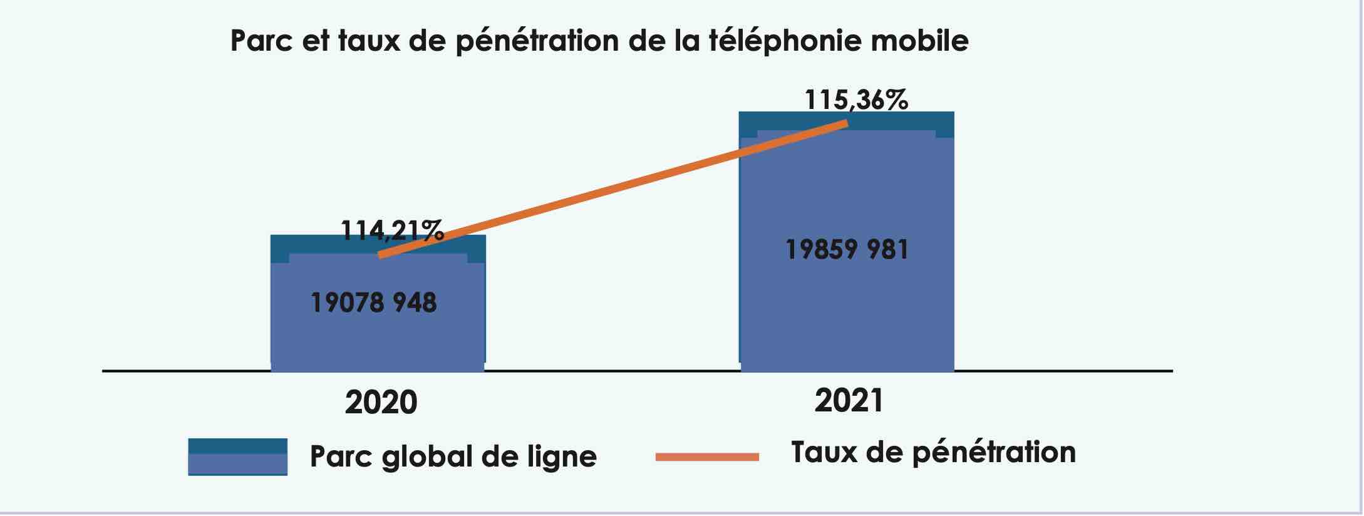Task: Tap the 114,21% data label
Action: click(x=392, y=230)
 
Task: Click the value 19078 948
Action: click(x=374, y=303)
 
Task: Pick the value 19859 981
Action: click(x=847, y=250)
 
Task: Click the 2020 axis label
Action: click(x=381, y=402)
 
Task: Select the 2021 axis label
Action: click(x=849, y=400)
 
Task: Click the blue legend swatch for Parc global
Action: click(x=237, y=457)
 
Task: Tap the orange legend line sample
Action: click(x=707, y=457)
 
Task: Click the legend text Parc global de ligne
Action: click(x=453, y=457)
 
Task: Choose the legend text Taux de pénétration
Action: click(x=933, y=453)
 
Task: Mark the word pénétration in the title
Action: click(x=537, y=41)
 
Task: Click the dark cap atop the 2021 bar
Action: click(x=847, y=121)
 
